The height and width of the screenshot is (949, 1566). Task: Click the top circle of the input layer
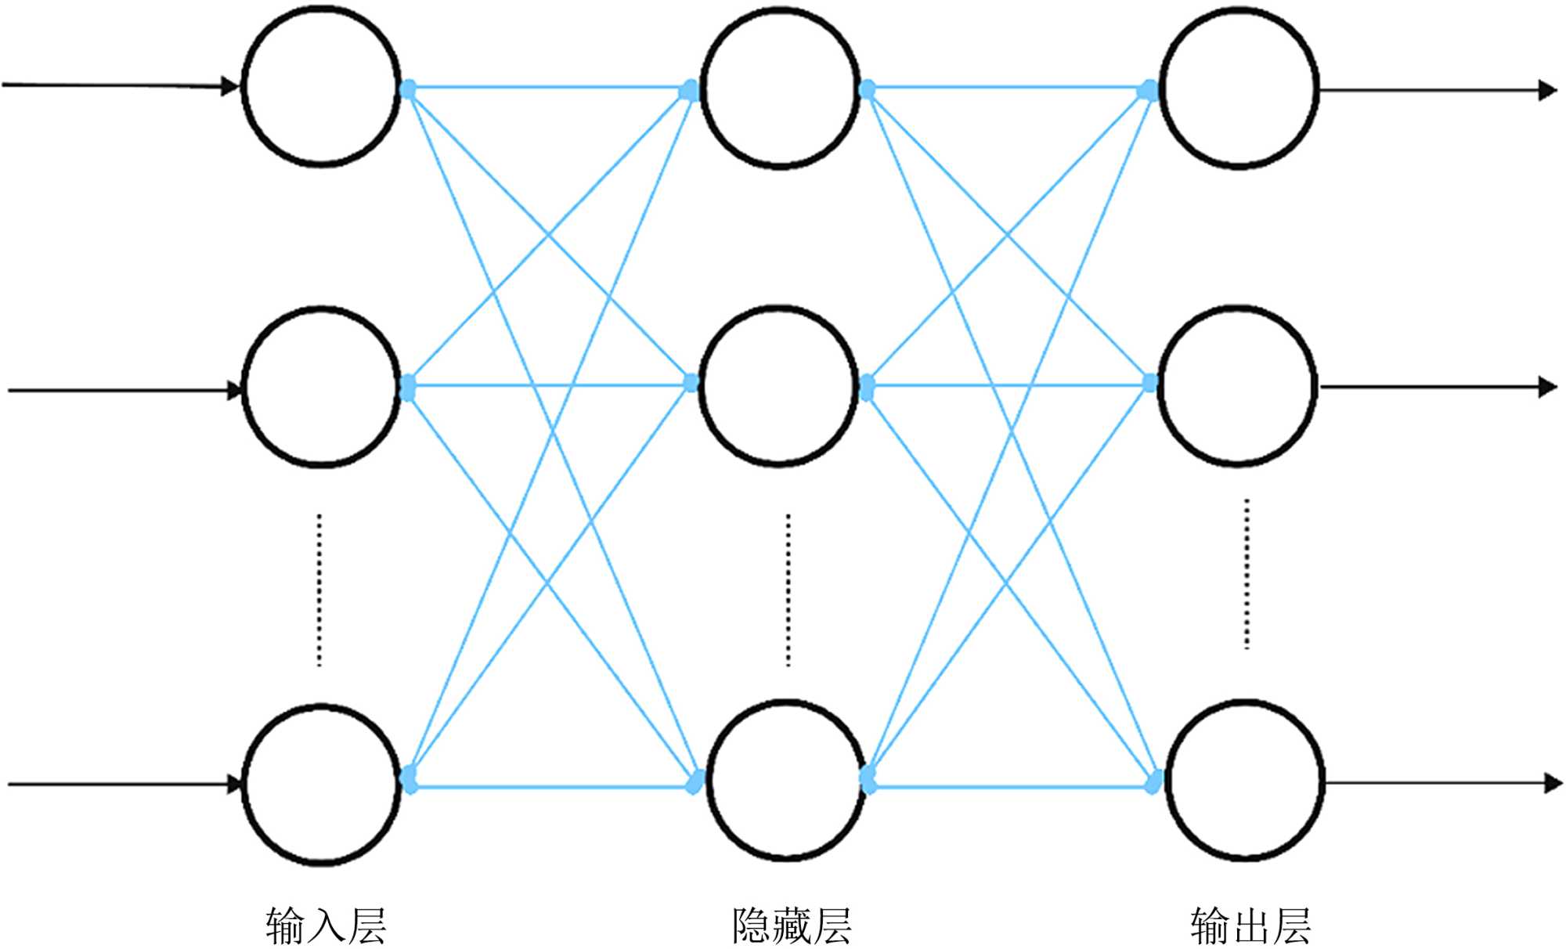tap(321, 86)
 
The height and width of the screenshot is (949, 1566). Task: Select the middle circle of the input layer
tap(321, 388)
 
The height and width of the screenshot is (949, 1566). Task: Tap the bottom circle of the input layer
tap(321, 783)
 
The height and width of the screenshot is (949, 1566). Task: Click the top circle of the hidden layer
tap(780, 88)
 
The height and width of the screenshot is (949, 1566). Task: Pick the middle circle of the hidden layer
tap(778, 386)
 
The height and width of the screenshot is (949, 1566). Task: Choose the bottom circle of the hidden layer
tap(786, 781)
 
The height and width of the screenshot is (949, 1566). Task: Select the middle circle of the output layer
tap(1237, 386)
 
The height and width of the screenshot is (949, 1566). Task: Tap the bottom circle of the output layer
tap(1244, 781)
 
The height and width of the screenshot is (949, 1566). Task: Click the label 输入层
tap(326, 926)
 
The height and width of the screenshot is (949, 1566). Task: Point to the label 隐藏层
tap(792, 926)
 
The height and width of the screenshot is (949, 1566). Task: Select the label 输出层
tap(1250, 926)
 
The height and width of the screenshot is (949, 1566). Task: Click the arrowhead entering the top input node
tap(229, 86)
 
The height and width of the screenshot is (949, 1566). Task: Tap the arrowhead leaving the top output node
tap(1547, 91)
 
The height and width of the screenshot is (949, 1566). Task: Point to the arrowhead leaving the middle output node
tap(1547, 387)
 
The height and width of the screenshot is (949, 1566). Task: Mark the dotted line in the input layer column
tap(319, 591)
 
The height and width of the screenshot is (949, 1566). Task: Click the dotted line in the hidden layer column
tap(788, 591)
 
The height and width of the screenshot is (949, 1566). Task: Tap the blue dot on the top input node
tap(407, 89)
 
